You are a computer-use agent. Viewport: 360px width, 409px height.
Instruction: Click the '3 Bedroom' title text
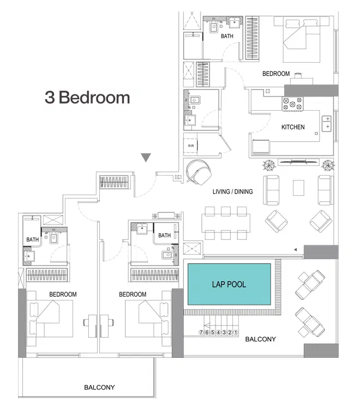pyautogui.click(x=87, y=98)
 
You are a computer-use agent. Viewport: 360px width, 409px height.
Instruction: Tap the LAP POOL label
pyautogui.click(x=229, y=285)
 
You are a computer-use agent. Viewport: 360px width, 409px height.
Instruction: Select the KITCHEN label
pyautogui.click(x=292, y=127)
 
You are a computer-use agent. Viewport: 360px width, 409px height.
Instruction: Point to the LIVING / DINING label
pyautogui.click(x=232, y=192)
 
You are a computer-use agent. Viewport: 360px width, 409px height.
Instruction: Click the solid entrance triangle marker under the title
pyautogui.click(x=145, y=158)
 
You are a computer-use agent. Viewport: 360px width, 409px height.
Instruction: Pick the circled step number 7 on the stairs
pyautogui.click(x=202, y=332)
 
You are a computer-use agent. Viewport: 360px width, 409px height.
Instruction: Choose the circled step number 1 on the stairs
pyautogui.click(x=236, y=332)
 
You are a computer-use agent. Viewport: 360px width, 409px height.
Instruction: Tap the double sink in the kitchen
pyautogui.click(x=327, y=123)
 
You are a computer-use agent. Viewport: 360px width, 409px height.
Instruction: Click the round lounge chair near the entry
pyautogui.click(x=199, y=173)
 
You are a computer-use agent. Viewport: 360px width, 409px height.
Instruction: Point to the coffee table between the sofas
pyautogui.click(x=298, y=188)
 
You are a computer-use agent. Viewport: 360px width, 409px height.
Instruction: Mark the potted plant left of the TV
pyautogui.click(x=268, y=163)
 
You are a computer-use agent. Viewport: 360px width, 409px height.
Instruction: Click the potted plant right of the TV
pyautogui.click(x=326, y=163)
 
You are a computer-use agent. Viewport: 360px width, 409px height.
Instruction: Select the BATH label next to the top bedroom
pyautogui.click(x=227, y=37)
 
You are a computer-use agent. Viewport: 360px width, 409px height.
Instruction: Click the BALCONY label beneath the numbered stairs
pyautogui.click(x=260, y=339)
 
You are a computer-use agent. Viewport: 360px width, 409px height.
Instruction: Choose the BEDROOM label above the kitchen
pyautogui.click(x=275, y=74)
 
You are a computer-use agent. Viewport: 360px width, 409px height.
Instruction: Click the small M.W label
pyautogui.click(x=191, y=146)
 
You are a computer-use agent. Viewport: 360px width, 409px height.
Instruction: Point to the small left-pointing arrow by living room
pyautogui.click(x=295, y=249)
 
